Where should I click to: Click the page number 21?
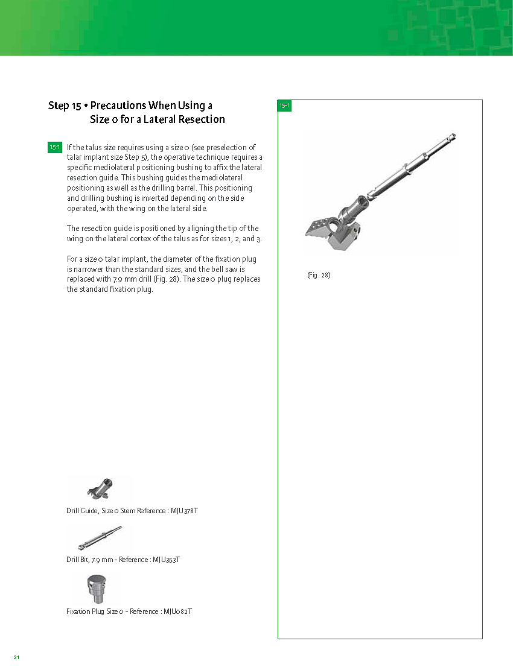coord(17,657)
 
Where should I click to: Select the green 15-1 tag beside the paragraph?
coord(54,147)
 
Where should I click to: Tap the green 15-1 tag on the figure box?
coord(284,106)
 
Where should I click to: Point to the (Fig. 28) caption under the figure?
coord(319,275)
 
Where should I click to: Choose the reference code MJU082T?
coord(177,612)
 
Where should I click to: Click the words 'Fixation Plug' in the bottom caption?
coord(85,612)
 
